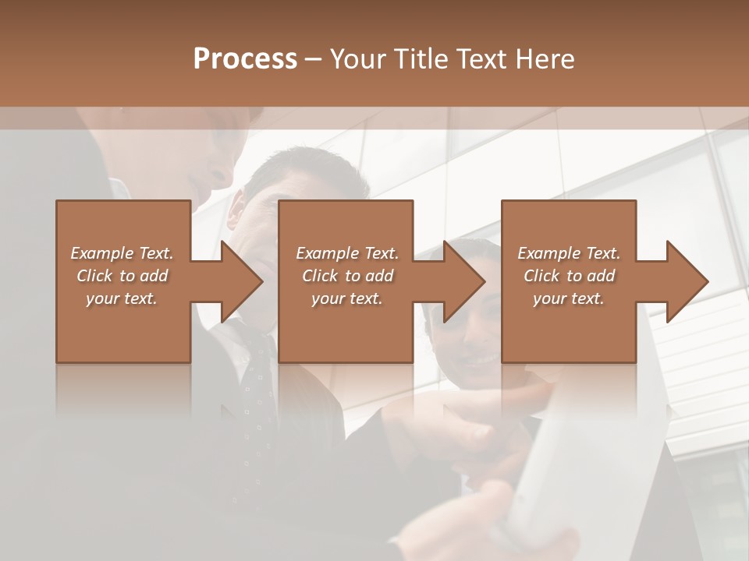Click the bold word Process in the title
245,59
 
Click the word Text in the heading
481,59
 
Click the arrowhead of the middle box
463,282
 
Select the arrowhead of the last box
687,282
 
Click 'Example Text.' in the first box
122,253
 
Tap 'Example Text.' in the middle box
347,253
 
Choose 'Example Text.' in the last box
569,253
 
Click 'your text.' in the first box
122,298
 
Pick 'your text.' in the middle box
347,298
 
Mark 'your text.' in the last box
569,298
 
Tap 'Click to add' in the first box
122,276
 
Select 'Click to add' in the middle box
347,276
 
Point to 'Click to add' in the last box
569,276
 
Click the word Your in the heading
359,59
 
